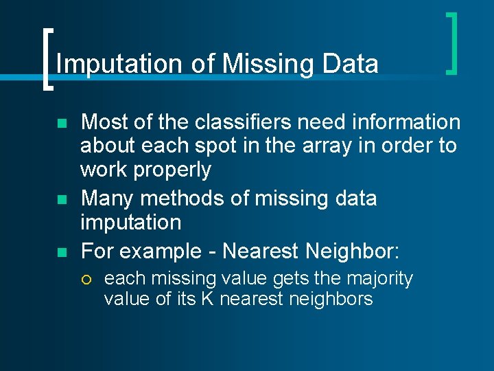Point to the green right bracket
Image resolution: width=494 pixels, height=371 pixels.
(x=453, y=43)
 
